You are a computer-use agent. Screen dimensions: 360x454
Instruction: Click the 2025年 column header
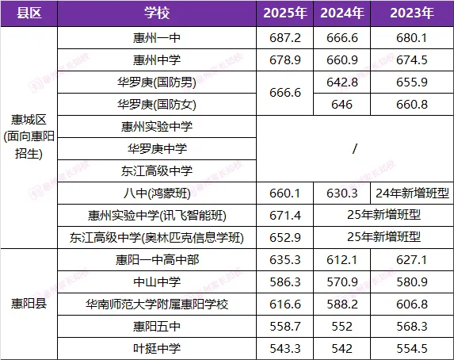[286, 13]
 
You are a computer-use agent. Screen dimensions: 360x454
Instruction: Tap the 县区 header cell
[29, 13]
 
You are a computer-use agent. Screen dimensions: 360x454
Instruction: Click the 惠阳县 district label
[29, 304]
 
